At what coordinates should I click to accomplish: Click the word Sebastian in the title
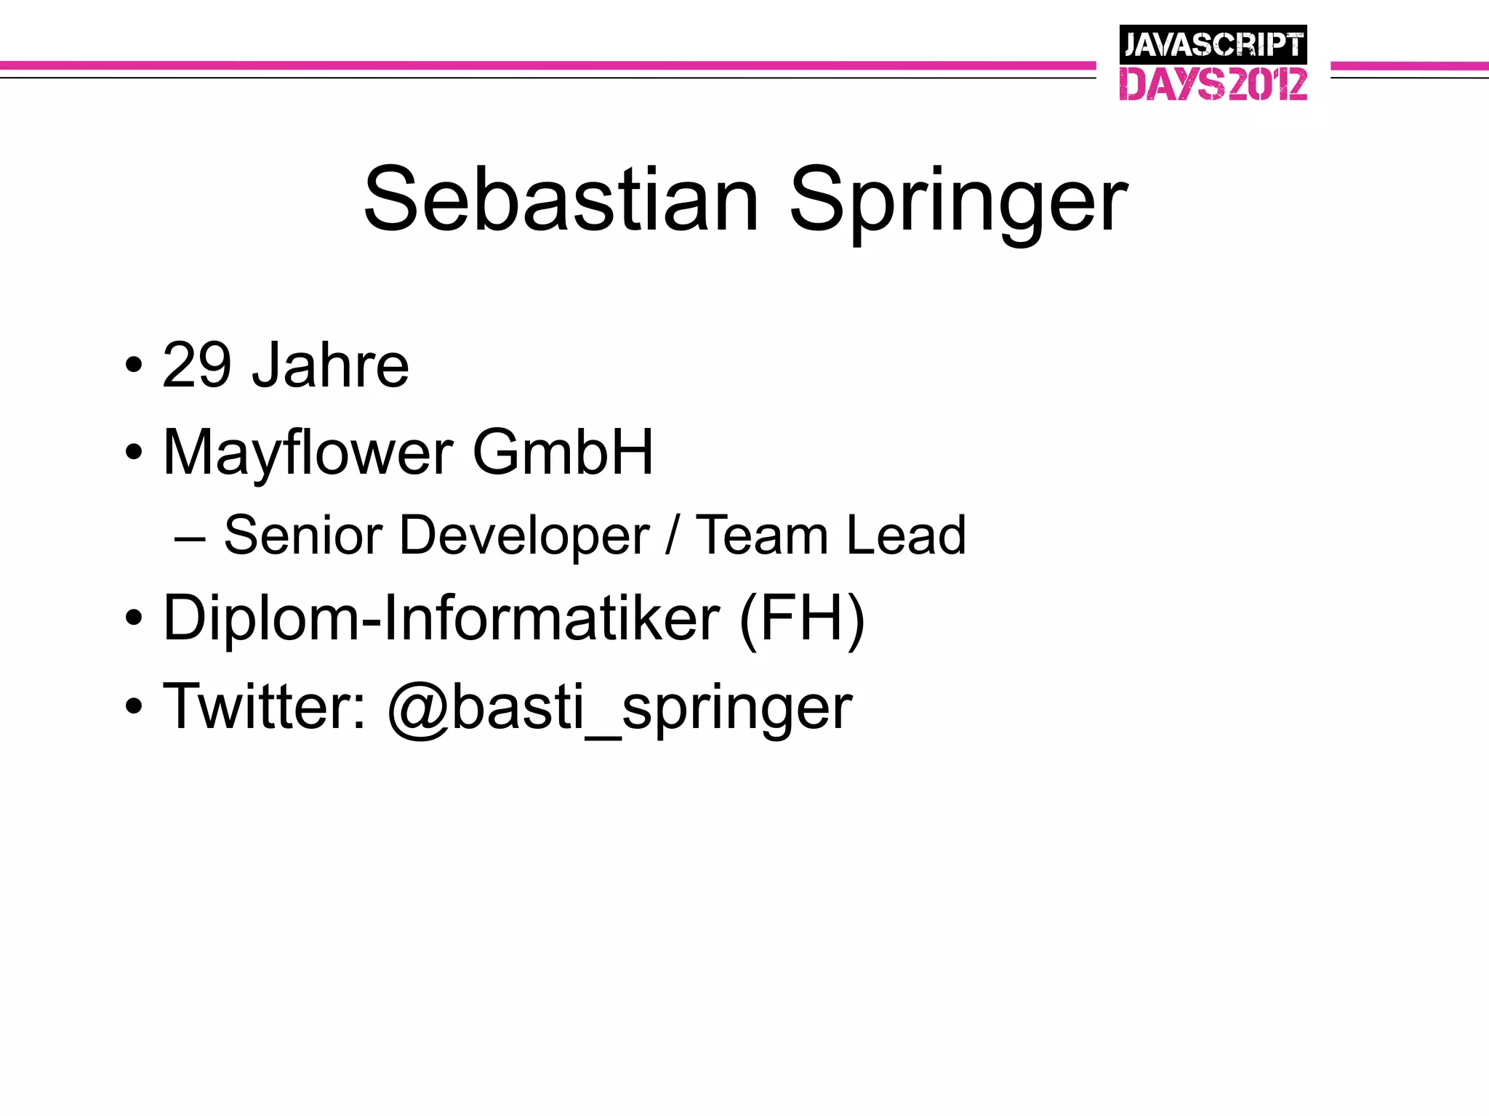click(x=561, y=200)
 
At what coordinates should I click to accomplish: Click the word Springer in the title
click(x=958, y=203)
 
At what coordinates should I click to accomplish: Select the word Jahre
click(x=330, y=365)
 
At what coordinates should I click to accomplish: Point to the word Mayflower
click(x=308, y=454)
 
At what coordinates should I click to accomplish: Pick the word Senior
click(x=302, y=535)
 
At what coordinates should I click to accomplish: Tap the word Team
click(x=762, y=535)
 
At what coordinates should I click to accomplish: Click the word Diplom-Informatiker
click(x=441, y=618)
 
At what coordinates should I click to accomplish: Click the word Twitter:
click(x=265, y=706)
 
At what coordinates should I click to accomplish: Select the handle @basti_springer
click(x=619, y=709)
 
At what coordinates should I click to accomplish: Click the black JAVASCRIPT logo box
click(x=1213, y=44)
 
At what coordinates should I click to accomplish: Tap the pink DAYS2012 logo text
click(x=1213, y=84)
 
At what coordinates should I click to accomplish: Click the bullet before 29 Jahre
click(x=133, y=365)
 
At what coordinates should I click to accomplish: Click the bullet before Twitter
click(x=133, y=706)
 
